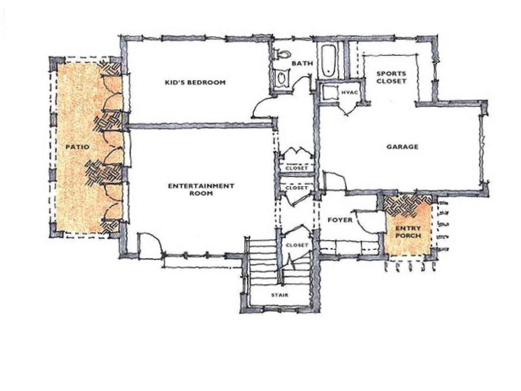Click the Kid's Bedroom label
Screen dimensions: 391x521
[x=195, y=83]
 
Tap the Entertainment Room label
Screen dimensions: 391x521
[x=201, y=189]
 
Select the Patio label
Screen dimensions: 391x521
[x=77, y=147]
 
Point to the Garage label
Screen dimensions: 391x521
[x=402, y=147]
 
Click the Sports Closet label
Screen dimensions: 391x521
[x=391, y=77]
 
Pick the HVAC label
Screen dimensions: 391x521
[x=349, y=93]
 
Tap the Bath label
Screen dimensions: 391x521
[x=302, y=64]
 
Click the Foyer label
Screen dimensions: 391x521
[x=340, y=220]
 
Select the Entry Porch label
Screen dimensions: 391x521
[x=407, y=232]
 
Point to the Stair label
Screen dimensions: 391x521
[x=280, y=295]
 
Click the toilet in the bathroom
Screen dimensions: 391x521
[x=283, y=54]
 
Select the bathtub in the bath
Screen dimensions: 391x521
[x=328, y=61]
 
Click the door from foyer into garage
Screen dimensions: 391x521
[x=334, y=180]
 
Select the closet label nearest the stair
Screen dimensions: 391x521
[x=297, y=245]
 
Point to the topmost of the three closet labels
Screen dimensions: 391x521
[x=297, y=168]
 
